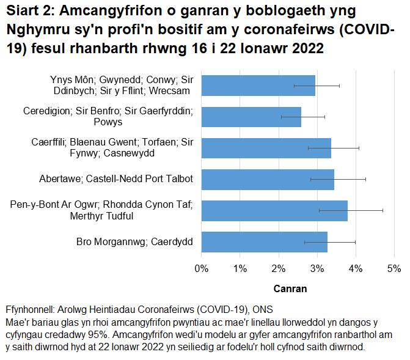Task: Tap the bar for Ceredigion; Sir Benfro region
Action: click(x=251, y=117)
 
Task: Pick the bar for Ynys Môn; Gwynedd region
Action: click(x=258, y=86)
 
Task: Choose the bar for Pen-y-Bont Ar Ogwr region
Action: click(x=274, y=211)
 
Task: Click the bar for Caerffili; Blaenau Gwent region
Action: click(x=266, y=148)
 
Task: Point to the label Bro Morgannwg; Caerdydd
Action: click(x=134, y=242)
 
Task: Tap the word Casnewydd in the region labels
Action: click(x=166, y=153)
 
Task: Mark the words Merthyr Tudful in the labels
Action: click(x=162, y=216)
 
